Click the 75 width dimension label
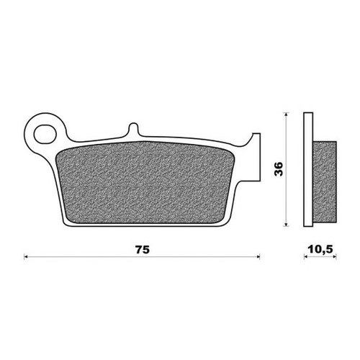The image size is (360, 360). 143,250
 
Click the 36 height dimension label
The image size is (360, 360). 279,169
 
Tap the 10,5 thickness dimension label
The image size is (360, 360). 320,250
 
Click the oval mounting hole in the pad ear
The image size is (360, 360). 45,135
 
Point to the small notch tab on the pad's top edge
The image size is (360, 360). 134,129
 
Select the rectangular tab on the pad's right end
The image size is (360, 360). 256,157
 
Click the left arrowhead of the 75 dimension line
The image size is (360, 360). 26,257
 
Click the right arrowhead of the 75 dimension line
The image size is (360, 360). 258,257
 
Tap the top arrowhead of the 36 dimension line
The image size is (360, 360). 286,114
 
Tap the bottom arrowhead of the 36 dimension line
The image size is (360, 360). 286,224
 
